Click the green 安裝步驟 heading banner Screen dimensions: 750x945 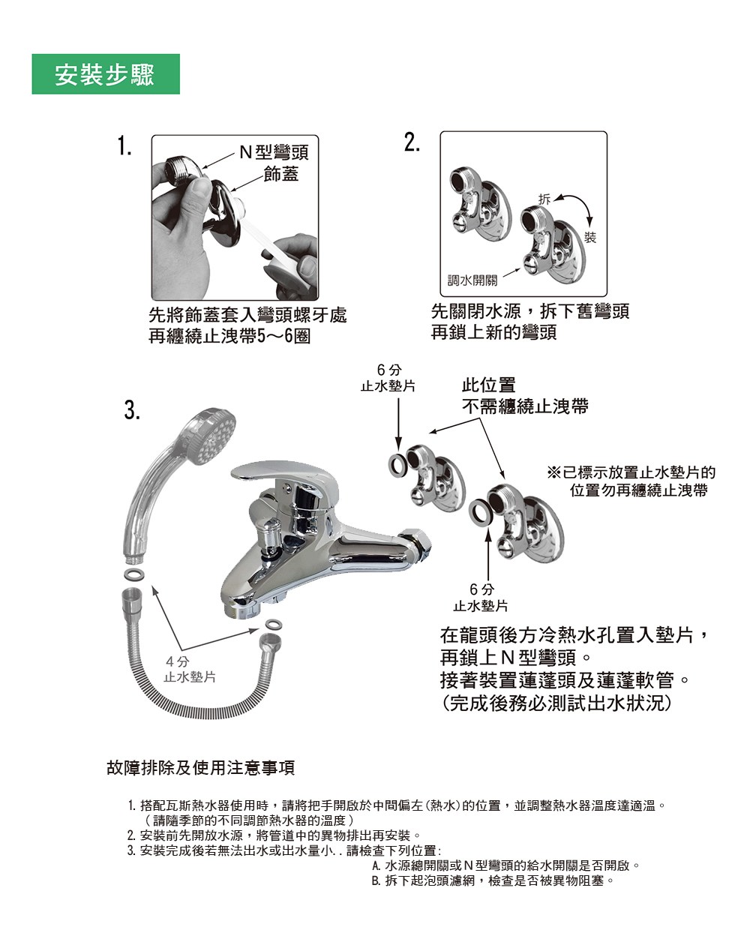[x=106, y=74]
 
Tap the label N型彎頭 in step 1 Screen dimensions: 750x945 [x=274, y=152]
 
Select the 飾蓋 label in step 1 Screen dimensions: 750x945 [x=281, y=174]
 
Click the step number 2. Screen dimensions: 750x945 [x=412, y=142]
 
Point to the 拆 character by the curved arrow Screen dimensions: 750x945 [x=544, y=199]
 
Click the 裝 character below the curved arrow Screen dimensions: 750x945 [x=590, y=238]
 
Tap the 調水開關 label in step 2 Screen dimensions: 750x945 [x=472, y=280]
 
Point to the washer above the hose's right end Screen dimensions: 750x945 [x=274, y=624]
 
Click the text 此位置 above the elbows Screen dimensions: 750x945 [x=488, y=385]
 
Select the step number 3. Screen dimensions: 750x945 [x=132, y=410]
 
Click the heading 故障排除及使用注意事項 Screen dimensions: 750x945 [x=201, y=767]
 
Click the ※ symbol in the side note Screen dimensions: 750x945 [x=553, y=472]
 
